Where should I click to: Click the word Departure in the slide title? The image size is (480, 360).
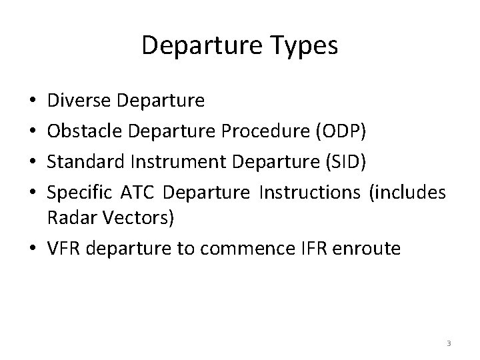click(x=202, y=46)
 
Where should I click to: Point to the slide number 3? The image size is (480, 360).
click(x=449, y=343)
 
